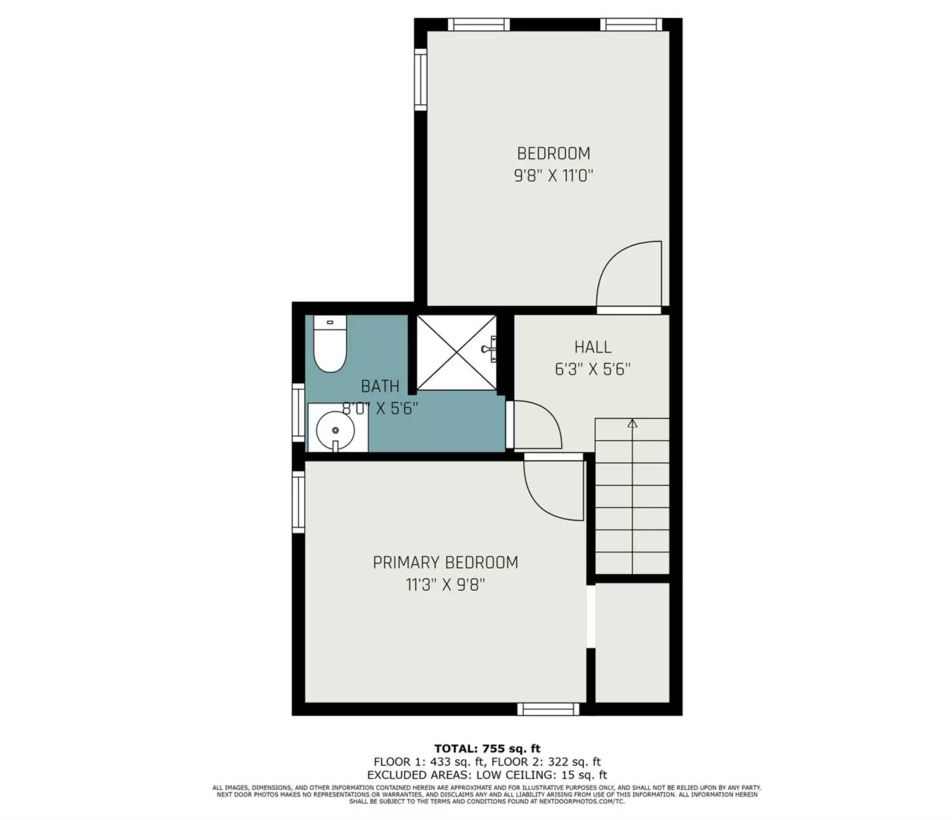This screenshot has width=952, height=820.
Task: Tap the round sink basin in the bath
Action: (x=336, y=430)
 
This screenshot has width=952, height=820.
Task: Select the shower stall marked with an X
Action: (x=455, y=352)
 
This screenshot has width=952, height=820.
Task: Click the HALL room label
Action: (x=592, y=347)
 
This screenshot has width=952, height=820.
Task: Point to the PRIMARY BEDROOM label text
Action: (x=445, y=563)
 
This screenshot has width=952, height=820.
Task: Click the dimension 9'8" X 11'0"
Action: (x=554, y=175)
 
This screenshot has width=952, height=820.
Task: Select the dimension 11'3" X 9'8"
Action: (x=445, y=584)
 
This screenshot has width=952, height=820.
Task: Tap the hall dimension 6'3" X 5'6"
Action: (x=592, y=369)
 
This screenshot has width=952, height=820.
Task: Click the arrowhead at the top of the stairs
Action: (x=632, y=423)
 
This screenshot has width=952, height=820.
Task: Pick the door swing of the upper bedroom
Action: (x=629, y=275)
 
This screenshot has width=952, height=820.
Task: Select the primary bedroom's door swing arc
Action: (x=552, y=486)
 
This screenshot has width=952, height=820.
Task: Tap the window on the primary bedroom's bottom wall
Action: (x=548, y=709)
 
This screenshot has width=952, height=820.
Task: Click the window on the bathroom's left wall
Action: (x=298, y=413)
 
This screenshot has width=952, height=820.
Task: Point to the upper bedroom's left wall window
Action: (x=420, y=79)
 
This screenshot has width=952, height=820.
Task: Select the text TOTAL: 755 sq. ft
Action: (x=487, y=748)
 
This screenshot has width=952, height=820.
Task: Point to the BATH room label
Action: (x=380, y=386)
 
